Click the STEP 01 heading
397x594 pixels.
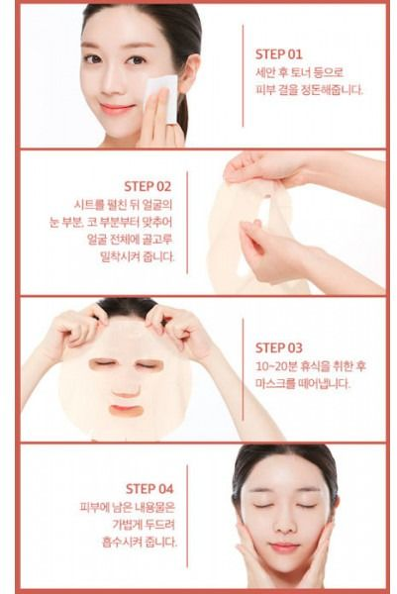tap(279, 54)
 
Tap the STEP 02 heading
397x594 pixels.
tap(148, 186)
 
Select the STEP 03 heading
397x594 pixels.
tap(279, 347)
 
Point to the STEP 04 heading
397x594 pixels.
tap(149, 489)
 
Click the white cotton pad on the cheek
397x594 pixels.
tap(162, 97)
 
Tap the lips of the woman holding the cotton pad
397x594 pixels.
tap(116, 109)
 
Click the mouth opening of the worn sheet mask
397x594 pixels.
tap(126, 410)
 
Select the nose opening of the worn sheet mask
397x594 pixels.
tap(126, 390)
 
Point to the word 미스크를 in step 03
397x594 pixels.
tap(275, 384)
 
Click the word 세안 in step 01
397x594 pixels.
tap(264, 72)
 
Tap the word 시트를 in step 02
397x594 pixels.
tap(89, 205)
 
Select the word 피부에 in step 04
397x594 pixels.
tap(95, 507)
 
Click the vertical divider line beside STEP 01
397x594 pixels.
tap(243, 76)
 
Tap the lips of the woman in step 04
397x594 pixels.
tap(284, 546)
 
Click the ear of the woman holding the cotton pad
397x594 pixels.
tap(189, 73)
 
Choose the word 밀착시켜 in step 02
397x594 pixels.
tap(120, 257)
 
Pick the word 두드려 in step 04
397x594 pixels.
tap(159, 525)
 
